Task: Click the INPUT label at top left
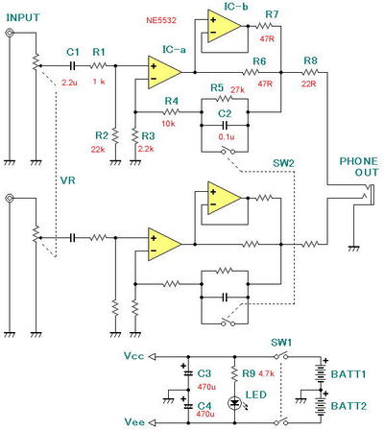click(23, 17)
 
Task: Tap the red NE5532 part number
click(161, 20)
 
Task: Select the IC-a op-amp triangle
click(164, 72)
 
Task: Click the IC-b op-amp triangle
click(224, 26)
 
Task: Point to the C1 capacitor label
click(73, 52)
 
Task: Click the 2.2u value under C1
click(69, 83)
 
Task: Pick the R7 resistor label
click(272, 14)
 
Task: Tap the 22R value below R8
click(309, 84)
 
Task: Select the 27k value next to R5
click(237, 90)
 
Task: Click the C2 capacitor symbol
click(225, 125)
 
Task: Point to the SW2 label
click(283, 163)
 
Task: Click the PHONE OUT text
click(359, 167)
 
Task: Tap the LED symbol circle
click(235, 402)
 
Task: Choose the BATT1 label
click(348, 374)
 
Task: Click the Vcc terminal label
click(133, 356)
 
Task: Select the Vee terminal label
click(134, 422)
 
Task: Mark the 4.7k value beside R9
click(266, 373)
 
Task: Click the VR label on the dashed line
click(68, 180)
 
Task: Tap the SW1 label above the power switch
click(281, 343)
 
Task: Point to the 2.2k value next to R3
click(146, 149)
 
